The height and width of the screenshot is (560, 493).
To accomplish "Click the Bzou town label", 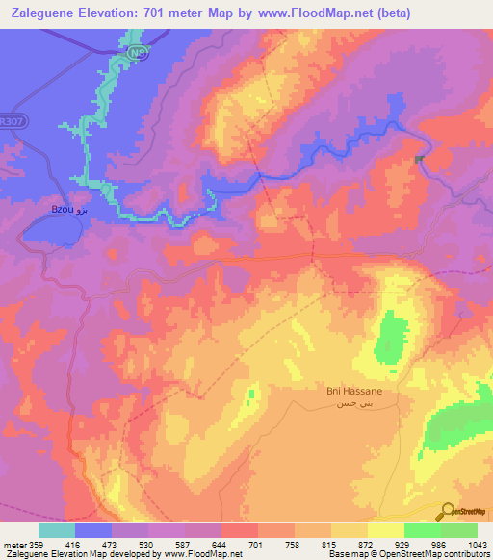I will [62, 208].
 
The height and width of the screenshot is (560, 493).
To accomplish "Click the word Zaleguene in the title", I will [50, 13].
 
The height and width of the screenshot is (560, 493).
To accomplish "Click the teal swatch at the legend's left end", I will [56, 530].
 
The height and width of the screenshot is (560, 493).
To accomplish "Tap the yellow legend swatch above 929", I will [385, 530].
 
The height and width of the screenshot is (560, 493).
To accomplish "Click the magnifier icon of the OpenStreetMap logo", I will [447, 511].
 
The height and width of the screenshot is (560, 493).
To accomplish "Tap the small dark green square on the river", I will [420, 160].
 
